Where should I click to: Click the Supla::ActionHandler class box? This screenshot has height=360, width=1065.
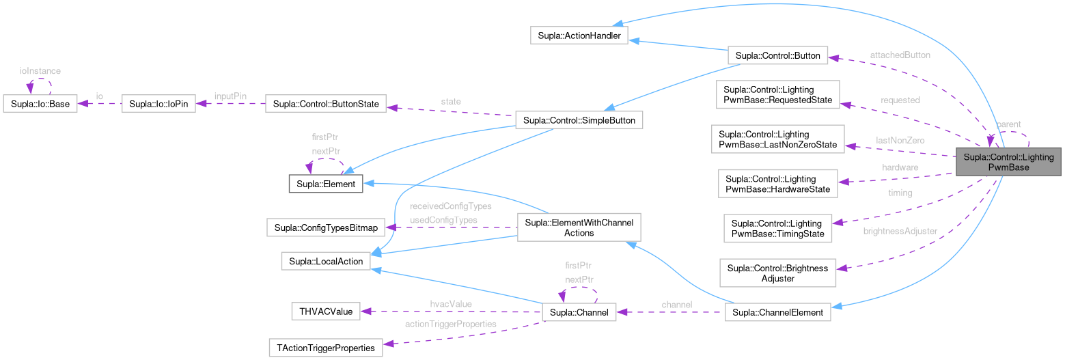pyautogui.click(x=579, y=36)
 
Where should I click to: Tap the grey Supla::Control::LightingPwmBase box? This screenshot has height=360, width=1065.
pyautogui.click(x=1008, y=162)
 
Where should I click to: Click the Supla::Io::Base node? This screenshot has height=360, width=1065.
pyautogui.click(x=40, y=105)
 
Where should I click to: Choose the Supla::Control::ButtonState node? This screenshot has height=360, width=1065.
pyautogui.click(x=325, y=105)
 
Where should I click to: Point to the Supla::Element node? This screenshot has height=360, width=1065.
pyautogui.click(x=327, y=184)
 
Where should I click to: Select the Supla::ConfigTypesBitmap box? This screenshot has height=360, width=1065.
pyautogui.click(x=327, y=227)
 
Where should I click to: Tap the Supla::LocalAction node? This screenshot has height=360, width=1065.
pyautogui.click(x=327, y=261)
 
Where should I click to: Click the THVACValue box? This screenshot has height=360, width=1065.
pyautogui.click(x=325, y=311)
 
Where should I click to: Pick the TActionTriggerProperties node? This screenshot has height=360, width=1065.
pyautogui.click(x=326, y=348)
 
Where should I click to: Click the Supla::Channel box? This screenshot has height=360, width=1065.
pyautogui.click(x=579, y=312)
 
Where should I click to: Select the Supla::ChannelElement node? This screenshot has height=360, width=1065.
pyautogui.click(x=777, y=312)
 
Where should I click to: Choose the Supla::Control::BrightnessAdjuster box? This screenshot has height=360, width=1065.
pyautogui.click(x=777, y=273)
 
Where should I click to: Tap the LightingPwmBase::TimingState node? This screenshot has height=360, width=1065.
pyautogui.click(x=777, y=229)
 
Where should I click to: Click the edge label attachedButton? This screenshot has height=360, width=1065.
pyautogui.click(x=900, y=54)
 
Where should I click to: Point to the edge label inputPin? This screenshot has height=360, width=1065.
pyautogui.click(x=230, y=96)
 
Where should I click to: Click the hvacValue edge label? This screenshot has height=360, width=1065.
pyautogui.click(x=451, y=303)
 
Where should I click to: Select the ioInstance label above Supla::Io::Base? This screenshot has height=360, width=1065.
pyautogui.click(x=40, y=71)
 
